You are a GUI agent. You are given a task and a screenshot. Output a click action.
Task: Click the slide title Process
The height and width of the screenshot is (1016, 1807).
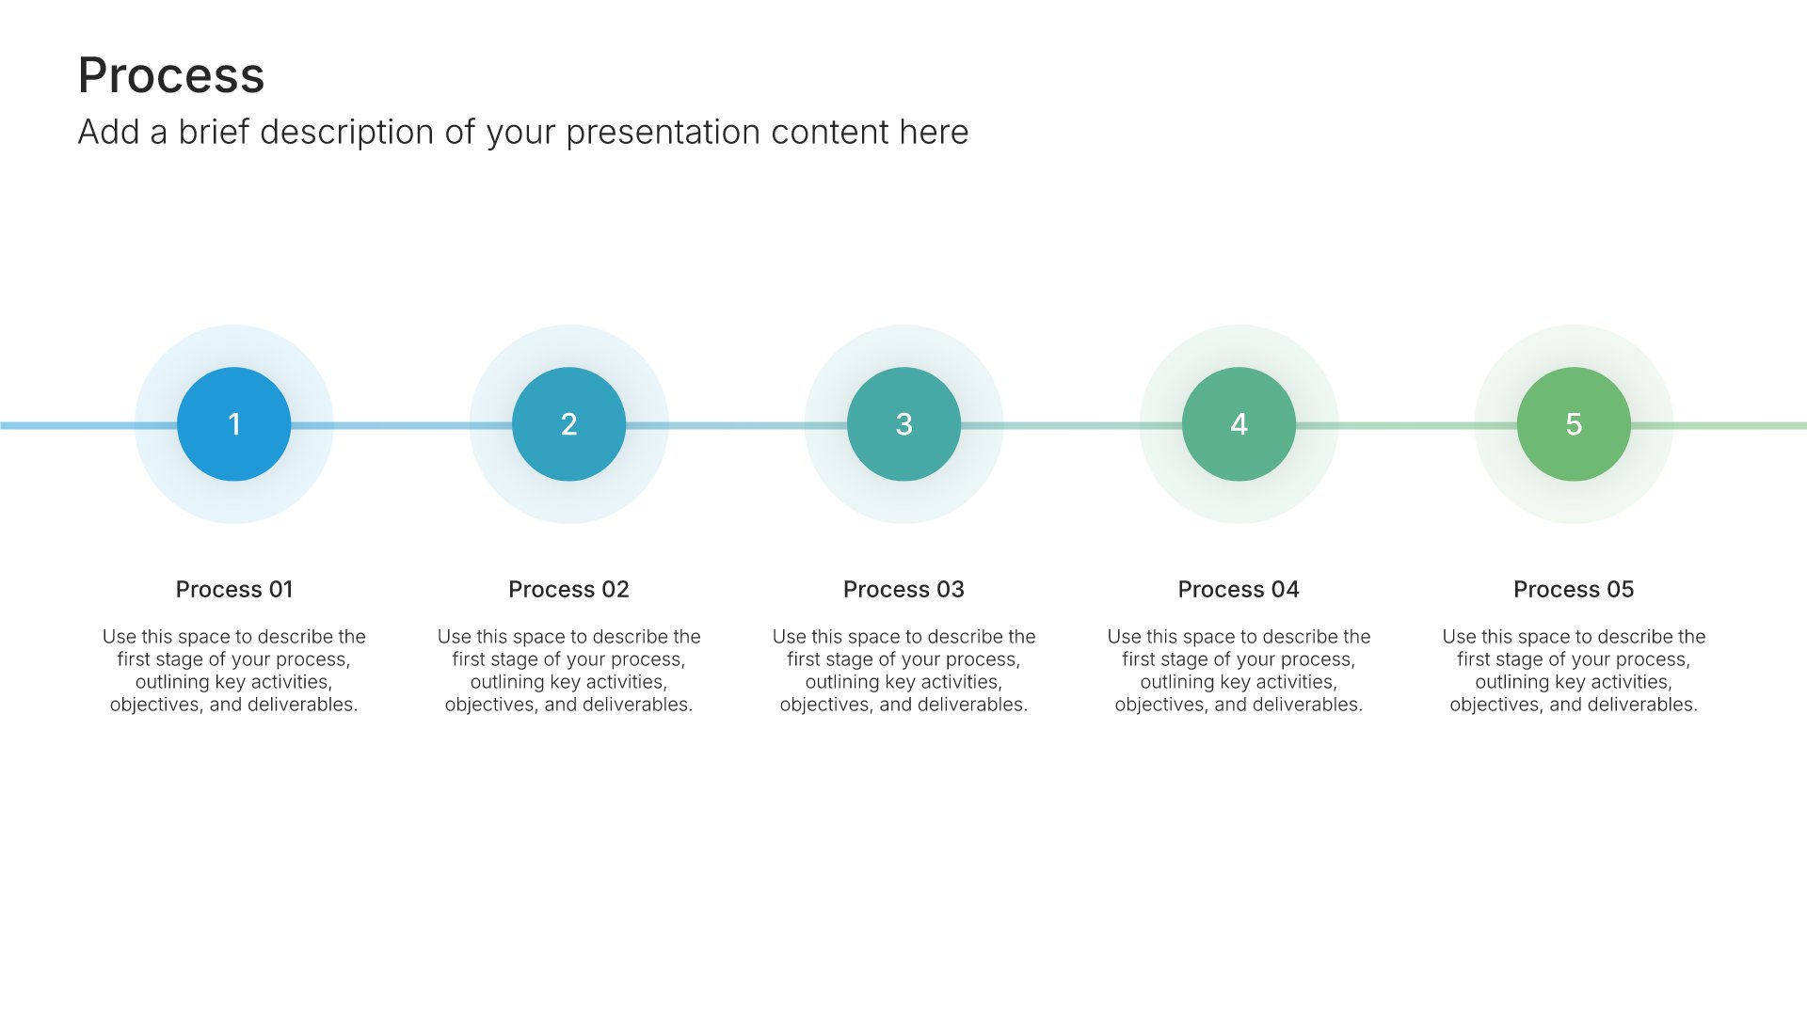click(171, 75)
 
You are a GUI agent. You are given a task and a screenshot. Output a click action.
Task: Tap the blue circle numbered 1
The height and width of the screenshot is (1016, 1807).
click(233, 424)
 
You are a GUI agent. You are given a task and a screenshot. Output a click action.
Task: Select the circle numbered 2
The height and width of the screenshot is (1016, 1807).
click(568, 424)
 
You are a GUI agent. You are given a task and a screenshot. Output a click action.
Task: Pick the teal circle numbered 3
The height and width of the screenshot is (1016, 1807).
click(903, 424)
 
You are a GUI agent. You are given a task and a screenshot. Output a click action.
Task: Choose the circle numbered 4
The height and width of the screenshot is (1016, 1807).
click(1239, 424)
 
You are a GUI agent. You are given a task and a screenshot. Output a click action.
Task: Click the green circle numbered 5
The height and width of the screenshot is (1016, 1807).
click(1574, 424)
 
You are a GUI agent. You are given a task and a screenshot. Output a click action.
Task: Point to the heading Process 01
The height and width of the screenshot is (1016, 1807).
click(234, 589)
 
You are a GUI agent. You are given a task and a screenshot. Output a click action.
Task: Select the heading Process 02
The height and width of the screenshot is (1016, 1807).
click(568, 589)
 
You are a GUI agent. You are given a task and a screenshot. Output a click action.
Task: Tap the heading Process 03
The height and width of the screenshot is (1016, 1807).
click(903, 589)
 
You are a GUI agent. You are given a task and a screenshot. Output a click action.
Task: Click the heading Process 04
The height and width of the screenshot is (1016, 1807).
click(1239, 589)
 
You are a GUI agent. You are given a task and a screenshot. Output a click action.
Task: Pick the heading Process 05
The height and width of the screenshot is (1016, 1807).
click(1574, 589)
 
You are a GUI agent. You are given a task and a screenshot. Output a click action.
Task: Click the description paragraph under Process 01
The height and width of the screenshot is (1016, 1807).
click(233, 671)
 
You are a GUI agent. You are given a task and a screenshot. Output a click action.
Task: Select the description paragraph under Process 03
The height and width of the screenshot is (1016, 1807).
click(903, 671)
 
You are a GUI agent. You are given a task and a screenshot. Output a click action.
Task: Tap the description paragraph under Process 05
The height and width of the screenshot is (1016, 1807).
click(1574, 671)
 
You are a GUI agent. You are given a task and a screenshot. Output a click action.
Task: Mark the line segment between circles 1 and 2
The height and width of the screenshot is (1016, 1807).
click(401, 425)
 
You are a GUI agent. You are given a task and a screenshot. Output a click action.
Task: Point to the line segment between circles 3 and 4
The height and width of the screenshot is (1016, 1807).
click(1071, 425)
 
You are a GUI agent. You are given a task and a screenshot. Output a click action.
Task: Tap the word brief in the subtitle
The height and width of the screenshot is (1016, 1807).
click(214, 132)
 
